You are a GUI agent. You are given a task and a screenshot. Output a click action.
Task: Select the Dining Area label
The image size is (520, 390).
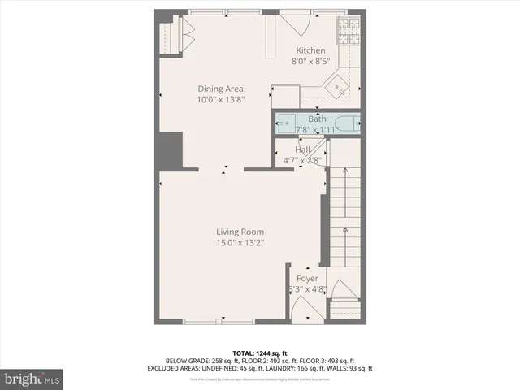click(220, 89)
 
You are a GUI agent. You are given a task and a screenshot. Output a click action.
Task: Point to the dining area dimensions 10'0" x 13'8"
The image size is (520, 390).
click(220, 99)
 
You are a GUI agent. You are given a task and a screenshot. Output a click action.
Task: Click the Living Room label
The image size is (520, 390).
click(240, 232)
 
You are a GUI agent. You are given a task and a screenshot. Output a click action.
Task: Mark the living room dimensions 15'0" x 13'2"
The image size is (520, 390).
click(240, 242)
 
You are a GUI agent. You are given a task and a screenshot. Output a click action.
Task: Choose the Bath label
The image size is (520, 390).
click(317, 119)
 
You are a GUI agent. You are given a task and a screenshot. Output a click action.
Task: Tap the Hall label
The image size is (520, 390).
click(302, 150)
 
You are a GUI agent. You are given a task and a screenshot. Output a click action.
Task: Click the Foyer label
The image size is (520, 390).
click(307, 279)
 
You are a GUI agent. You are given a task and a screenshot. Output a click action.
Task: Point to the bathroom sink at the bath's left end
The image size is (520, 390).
click(284, 124)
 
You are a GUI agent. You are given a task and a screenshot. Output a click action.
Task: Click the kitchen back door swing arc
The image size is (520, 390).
click(298, 24)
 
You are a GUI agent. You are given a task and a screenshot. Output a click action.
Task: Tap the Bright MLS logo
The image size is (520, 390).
click(32, 379)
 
